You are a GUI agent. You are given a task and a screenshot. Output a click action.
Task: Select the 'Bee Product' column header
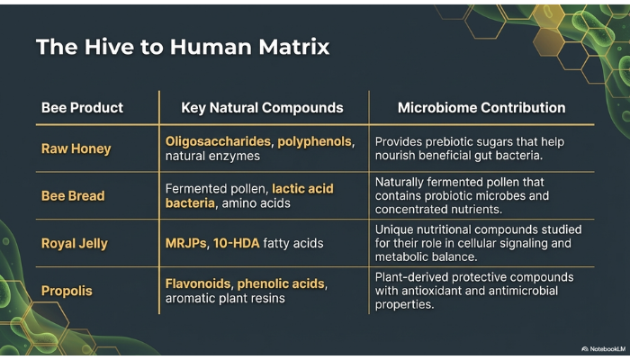82,108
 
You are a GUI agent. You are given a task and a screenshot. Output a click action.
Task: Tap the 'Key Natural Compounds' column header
262,108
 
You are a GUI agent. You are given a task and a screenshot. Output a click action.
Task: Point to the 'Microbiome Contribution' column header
481,108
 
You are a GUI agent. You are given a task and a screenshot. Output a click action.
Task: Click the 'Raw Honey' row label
76,148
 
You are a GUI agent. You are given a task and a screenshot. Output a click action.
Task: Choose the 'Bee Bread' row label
73,195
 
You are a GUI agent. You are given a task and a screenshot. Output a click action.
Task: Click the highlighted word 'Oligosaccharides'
218,141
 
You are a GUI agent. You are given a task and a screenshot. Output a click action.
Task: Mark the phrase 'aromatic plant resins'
225,299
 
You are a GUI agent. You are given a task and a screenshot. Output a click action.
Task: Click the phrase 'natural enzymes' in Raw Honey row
212,157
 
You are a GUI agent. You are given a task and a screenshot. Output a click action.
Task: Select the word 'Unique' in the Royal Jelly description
394,229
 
